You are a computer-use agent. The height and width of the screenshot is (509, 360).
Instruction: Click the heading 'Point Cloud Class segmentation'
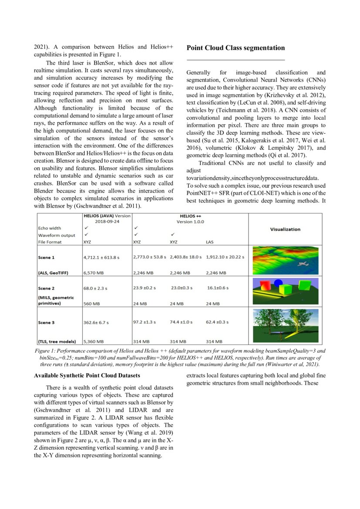[x=236, y=48]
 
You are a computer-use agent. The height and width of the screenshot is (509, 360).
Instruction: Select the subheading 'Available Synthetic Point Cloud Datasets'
[x=87, y=375]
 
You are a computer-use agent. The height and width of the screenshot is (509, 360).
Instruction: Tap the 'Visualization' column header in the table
[x=285, y=229]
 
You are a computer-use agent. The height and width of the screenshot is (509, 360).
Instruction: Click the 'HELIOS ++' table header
[x=190, y=216]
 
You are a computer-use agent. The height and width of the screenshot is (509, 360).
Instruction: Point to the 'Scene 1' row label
[x=47, y=257]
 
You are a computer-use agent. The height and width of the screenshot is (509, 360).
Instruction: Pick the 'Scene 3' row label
[x=47, y=323]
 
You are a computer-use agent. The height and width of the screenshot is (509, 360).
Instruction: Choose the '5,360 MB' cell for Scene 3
[x=94, y=342]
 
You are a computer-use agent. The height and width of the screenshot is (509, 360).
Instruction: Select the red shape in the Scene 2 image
[x=265, y=287]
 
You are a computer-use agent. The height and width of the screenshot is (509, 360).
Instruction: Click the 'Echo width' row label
[x=50, y=228]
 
